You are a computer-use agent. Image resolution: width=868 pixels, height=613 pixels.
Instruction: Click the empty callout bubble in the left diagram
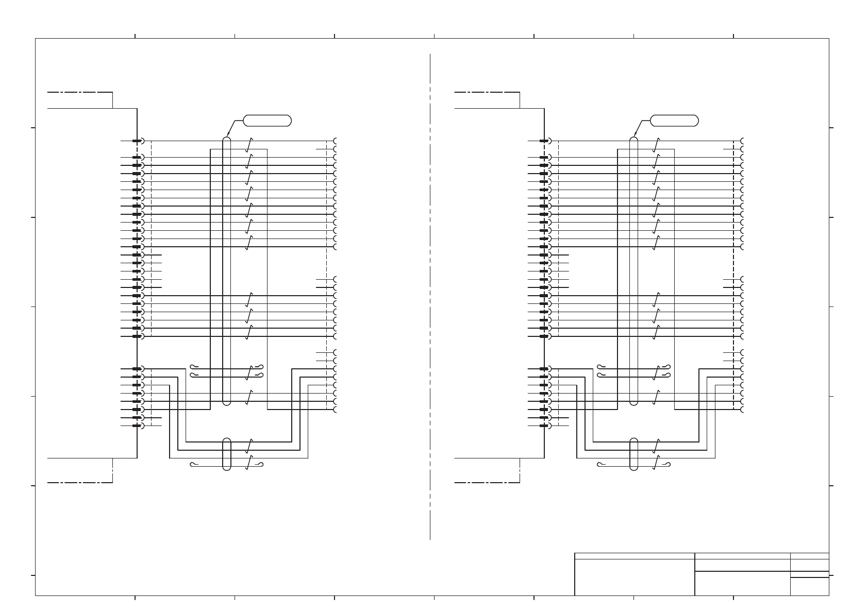click(267, 121)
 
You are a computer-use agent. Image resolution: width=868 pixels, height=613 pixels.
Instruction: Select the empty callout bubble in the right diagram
click(674, 121)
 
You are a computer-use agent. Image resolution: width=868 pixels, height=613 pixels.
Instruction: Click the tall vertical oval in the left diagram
click(226, 270)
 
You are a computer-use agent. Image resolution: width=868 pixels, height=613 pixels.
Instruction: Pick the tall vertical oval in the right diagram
click(634, 270)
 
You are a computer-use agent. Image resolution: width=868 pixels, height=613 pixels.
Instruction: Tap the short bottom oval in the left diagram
click(226, 454)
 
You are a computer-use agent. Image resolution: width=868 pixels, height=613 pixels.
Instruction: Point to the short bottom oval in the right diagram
click(634, 454)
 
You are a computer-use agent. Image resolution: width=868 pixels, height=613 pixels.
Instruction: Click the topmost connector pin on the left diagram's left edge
click(137, 141)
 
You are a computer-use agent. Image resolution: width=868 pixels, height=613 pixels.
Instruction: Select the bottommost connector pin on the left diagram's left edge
click(137, 426)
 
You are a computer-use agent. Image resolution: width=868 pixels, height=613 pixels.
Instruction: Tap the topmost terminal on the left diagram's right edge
click(336, 141)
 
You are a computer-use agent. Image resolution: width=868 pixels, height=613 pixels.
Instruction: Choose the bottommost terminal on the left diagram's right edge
click(336, 410)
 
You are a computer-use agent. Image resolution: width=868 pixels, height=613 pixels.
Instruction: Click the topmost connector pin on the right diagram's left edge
click(544, 141)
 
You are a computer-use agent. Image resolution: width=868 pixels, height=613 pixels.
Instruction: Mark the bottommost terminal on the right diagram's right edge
click(743, 410)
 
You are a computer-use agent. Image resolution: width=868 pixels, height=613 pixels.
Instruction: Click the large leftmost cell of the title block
click(635, 577)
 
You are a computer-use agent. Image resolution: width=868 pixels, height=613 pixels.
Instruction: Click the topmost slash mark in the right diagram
click(656, 145)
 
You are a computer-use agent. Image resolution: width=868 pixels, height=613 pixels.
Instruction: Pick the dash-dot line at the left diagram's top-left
click(80, 92)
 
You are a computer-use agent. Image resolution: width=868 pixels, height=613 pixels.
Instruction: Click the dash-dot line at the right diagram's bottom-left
click(487, 483)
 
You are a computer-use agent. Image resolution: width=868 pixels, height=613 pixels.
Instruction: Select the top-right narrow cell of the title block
click(809, 556)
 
